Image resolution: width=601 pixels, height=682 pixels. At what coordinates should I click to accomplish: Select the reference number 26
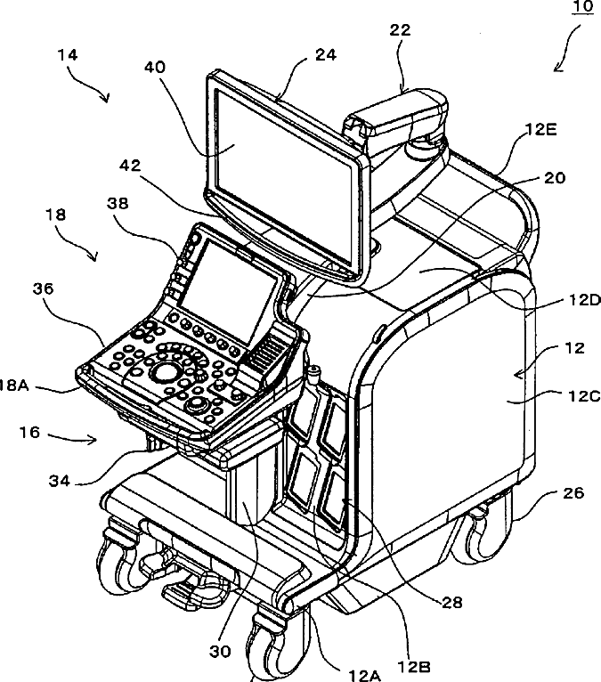[573, 492]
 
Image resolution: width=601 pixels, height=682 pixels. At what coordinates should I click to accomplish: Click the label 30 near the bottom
[220, 652]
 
